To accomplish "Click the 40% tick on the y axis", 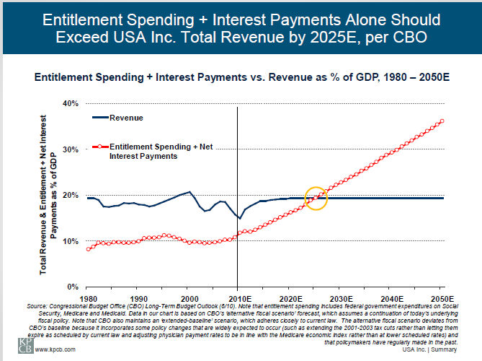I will [x=69, y=103].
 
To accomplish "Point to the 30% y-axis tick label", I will [x=69, y=149].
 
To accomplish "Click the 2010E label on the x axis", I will [x=238, y=297].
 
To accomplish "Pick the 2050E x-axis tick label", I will [x=441, y=297].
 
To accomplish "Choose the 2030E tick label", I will [x=340, y=297].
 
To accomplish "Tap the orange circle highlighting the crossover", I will [x=316, y=198].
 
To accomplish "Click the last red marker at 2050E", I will [x=442, y=121].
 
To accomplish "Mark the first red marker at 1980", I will [x=87, y=249].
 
